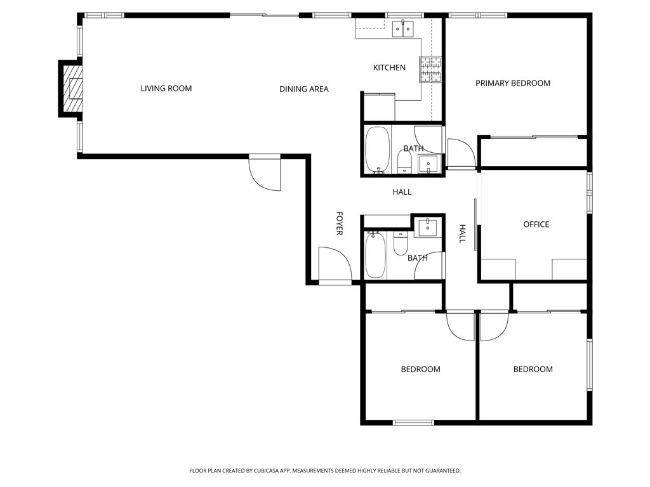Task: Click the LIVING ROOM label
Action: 166,88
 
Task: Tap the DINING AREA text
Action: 304,89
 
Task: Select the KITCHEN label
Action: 389,67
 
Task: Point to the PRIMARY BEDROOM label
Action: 513,83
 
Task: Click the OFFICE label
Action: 536,224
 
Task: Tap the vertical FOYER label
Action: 339,224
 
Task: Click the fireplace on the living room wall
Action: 70,89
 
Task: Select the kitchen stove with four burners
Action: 430,69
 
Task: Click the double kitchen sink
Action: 403,29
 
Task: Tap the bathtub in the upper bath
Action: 378,150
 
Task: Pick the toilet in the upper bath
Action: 404,162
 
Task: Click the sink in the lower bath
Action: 427,228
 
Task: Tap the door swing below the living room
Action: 265,172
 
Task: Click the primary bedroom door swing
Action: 461,153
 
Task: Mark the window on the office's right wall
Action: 590,192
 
